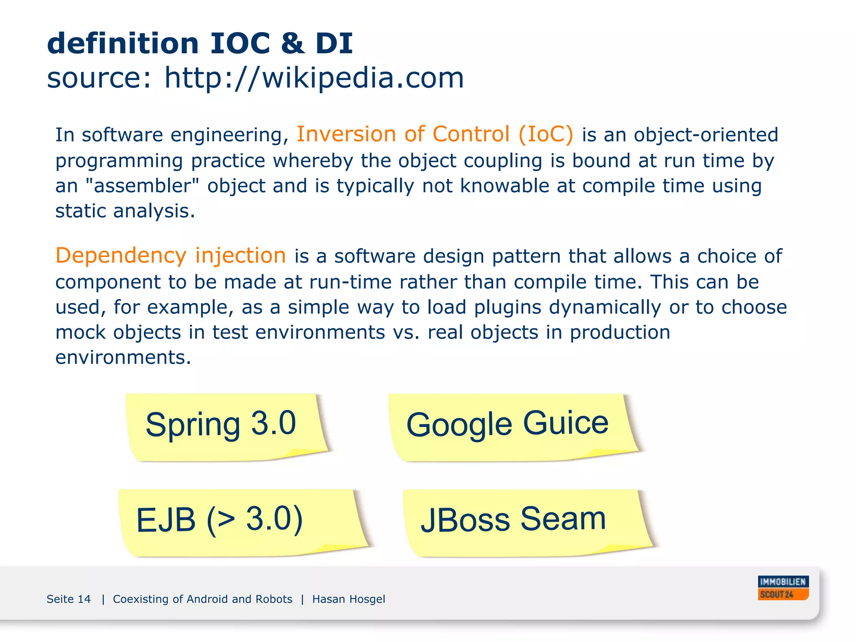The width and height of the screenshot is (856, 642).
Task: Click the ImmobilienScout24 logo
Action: (x=783, y=588)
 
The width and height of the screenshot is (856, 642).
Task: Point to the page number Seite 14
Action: (x=69, y=599)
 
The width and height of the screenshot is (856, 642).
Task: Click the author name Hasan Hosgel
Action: (x=349, y=599)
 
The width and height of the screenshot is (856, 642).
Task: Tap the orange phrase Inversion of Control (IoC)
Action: (x=435, y=135)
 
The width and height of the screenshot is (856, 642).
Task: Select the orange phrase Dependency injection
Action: (x=171, y=256)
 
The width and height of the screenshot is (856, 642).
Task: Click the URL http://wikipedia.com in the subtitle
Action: (x=314, y=78)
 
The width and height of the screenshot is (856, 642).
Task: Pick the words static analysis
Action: (x=125, y=211)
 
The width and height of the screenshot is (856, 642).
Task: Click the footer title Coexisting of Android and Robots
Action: (x=202, y=599)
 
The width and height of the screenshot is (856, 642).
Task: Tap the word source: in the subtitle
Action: (x=99, y=78)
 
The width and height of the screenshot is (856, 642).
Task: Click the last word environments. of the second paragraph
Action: (x=123, y=358)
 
